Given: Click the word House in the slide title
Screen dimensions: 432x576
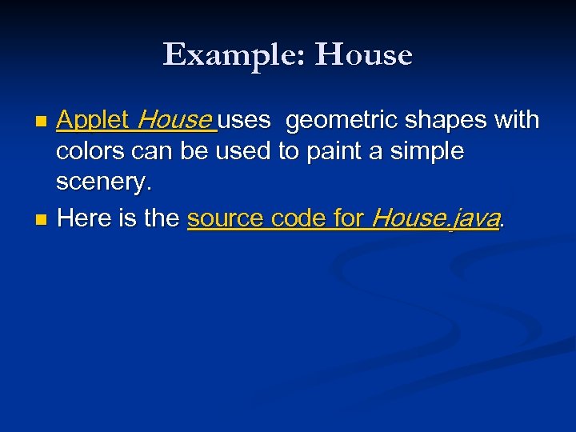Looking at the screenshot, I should (x=364, y=55).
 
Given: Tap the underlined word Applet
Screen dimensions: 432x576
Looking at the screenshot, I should (x=93, y=121).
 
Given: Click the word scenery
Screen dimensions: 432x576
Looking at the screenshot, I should (x=103, y=184).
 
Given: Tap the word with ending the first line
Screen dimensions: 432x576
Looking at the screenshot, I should (x=517, y=121).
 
